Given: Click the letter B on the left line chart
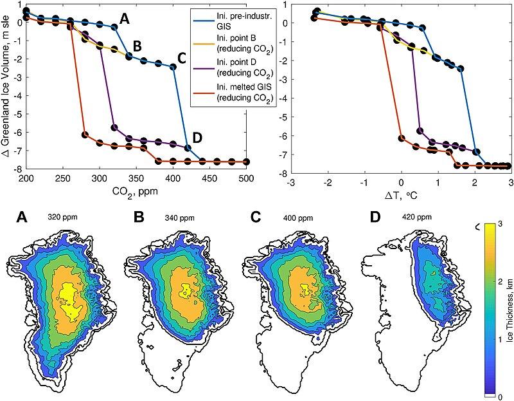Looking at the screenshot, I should (x=137, y=46).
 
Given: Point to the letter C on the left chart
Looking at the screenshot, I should (x=181, y=58).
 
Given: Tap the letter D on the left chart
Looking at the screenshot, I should (x=197, y=137).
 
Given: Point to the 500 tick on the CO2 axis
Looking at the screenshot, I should (x=246, y=177).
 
